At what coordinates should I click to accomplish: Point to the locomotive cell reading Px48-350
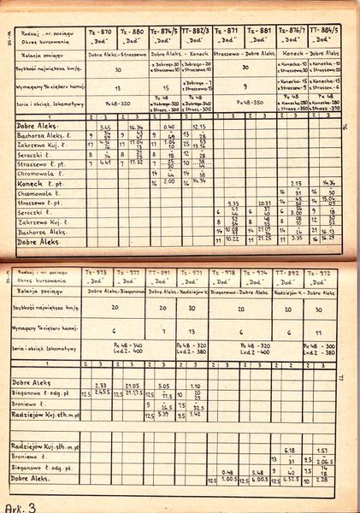click(x=245, y=103)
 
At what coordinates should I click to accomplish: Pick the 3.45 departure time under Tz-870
click(x=104, y=127)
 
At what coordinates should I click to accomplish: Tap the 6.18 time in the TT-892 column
click(x=288, y=450)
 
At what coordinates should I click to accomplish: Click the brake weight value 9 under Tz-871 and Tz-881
click(x=245, y=86)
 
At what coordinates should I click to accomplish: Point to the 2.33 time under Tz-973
click(x=100, y=386)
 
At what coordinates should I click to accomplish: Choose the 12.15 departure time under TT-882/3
click(x=199, y=127)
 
